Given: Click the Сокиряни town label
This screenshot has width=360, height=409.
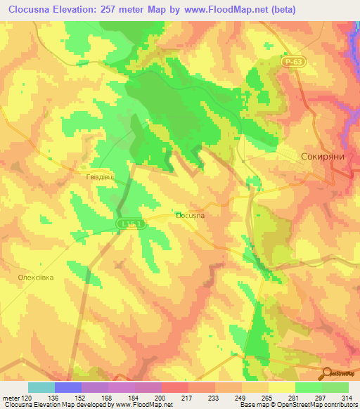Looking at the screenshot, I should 323,157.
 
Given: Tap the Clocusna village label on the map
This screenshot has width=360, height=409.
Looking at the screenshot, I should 190,216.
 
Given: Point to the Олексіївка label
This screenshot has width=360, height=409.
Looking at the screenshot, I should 36,278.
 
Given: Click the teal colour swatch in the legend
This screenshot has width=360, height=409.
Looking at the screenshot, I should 41,387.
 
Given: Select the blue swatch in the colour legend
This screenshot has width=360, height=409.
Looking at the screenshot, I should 68,387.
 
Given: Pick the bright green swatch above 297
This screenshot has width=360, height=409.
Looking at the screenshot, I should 309,387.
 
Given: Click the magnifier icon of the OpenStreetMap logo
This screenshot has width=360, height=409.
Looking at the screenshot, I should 326,373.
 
